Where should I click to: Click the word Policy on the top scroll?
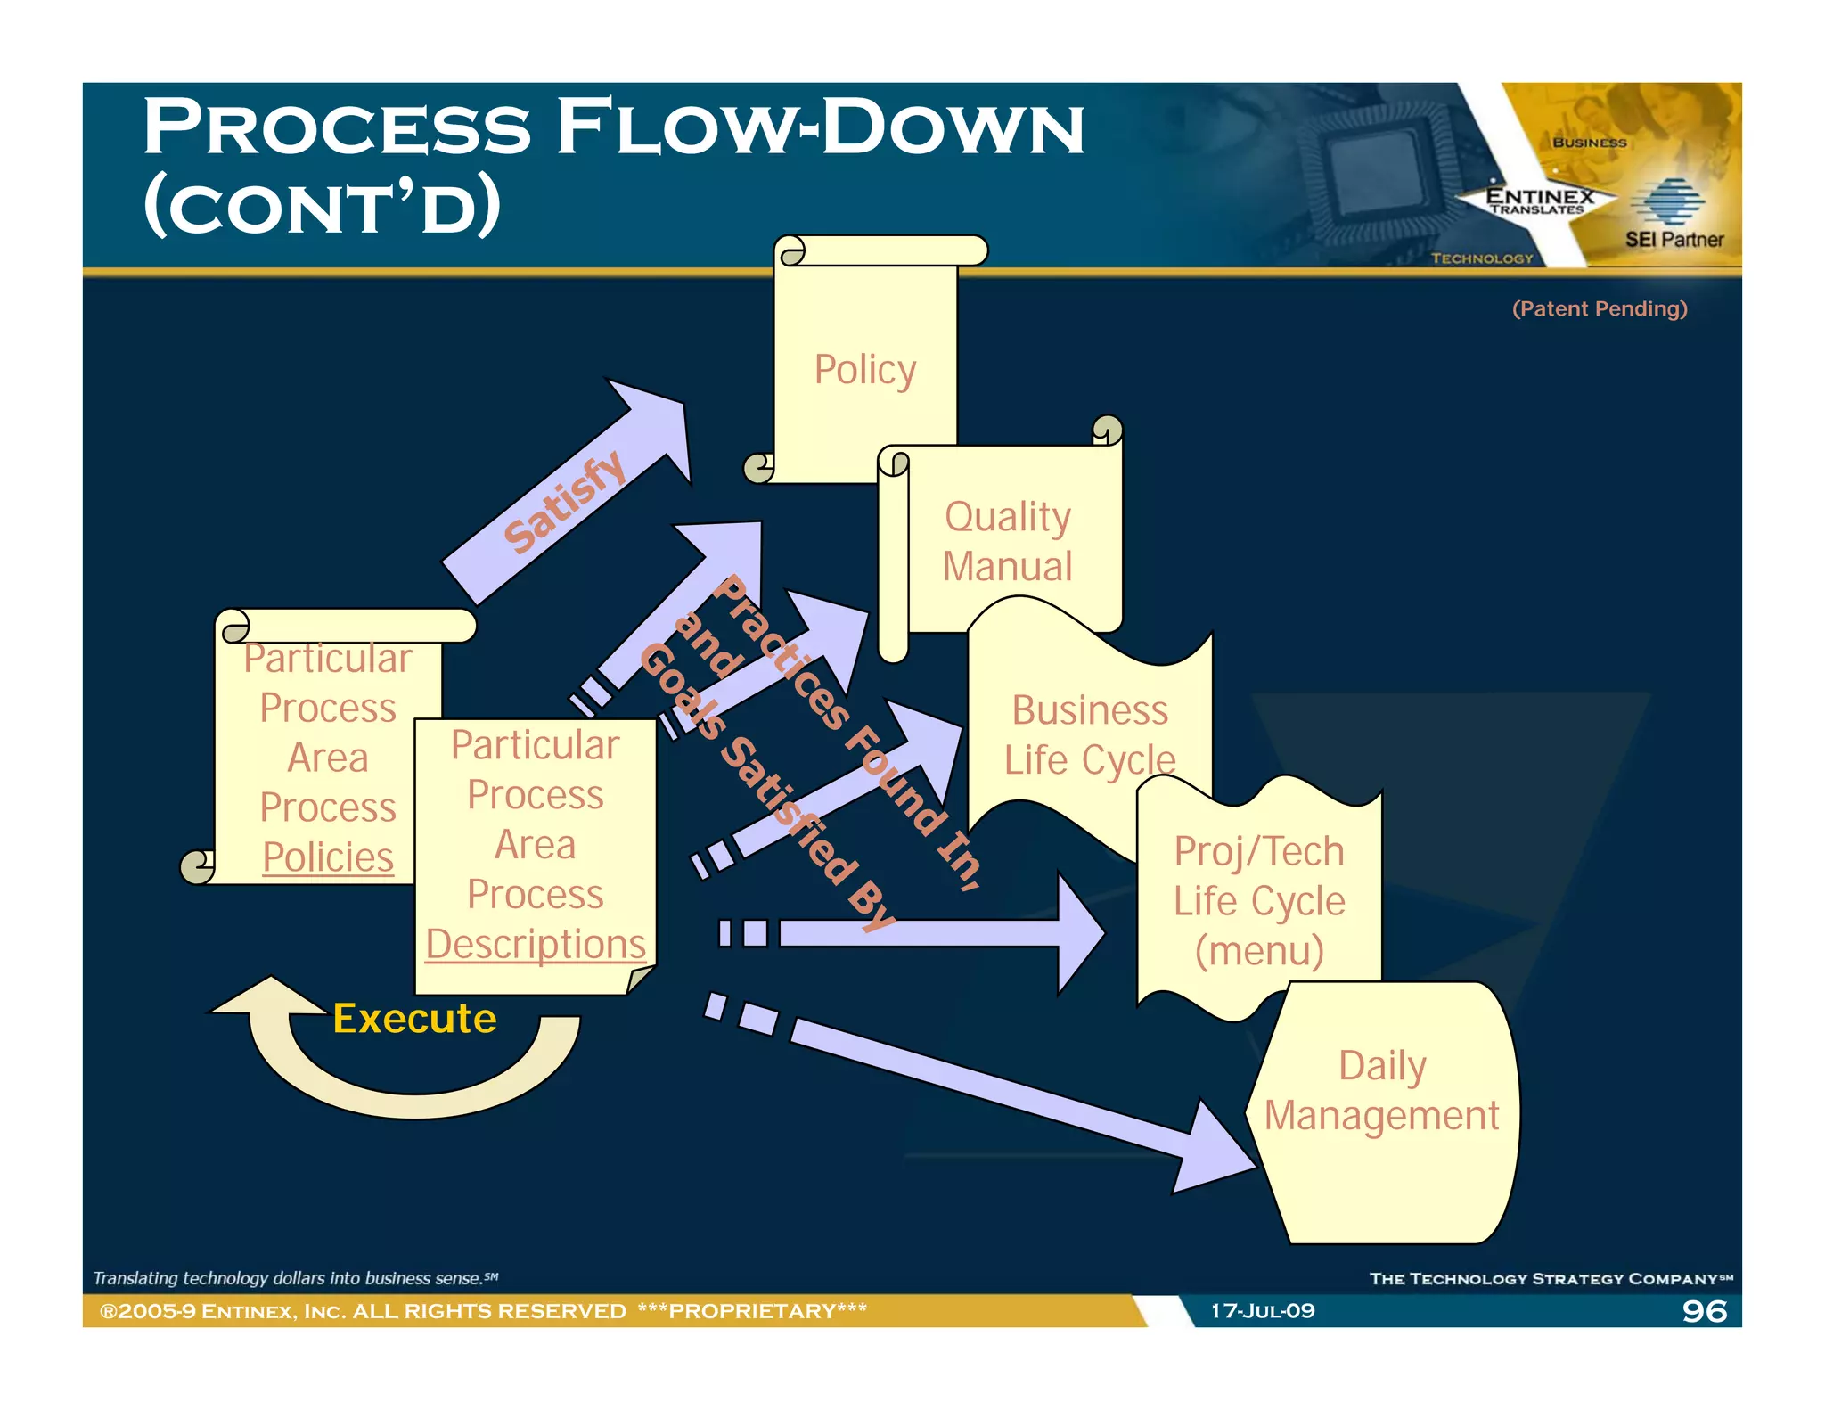click(864, 369)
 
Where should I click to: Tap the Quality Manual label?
click(1007, 541)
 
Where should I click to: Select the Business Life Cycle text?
click(1089, 735)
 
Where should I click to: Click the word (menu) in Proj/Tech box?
click(1258, 950)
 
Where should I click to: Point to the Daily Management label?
click(1381, 1090)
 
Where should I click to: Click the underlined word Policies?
click(328, 857)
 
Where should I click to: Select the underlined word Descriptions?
click(535, 944)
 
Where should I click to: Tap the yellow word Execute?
click(414, 1018)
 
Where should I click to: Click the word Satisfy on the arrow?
click(564, 501)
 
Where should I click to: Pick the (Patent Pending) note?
click(1599, 308)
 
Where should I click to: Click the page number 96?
click(1704, 1310)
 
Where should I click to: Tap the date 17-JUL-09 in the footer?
click(1262, 1310)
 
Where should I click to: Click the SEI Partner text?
click(1674, 239)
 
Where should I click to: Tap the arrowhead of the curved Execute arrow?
click(267, 998)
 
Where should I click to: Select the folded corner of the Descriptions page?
click(640, 980)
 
